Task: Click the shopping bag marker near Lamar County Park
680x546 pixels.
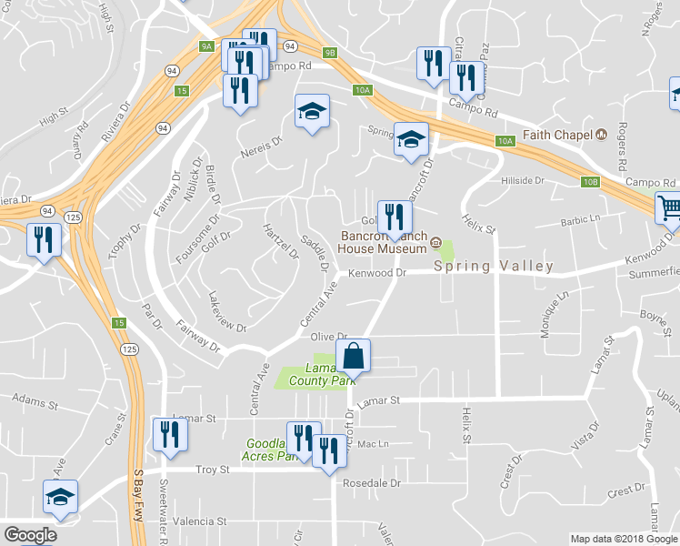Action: (354, 356)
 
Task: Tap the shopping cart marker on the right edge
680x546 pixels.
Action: (669, 208)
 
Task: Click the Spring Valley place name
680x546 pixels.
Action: (494, 267)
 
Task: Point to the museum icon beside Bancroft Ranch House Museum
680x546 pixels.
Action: (435, 243)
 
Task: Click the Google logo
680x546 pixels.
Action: (30, 535)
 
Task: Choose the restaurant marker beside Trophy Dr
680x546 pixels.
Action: (44, 240)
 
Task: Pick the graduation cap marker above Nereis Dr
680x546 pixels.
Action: (312, 113)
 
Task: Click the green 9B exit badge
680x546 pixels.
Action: (330, 53)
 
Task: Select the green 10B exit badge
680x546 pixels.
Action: (591, 182)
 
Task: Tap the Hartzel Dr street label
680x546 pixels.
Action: (280, 241)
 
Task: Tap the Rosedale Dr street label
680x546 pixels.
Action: (371, 483)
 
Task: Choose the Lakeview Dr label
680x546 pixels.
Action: (226, 311)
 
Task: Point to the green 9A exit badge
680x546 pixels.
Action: (206, 45)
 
